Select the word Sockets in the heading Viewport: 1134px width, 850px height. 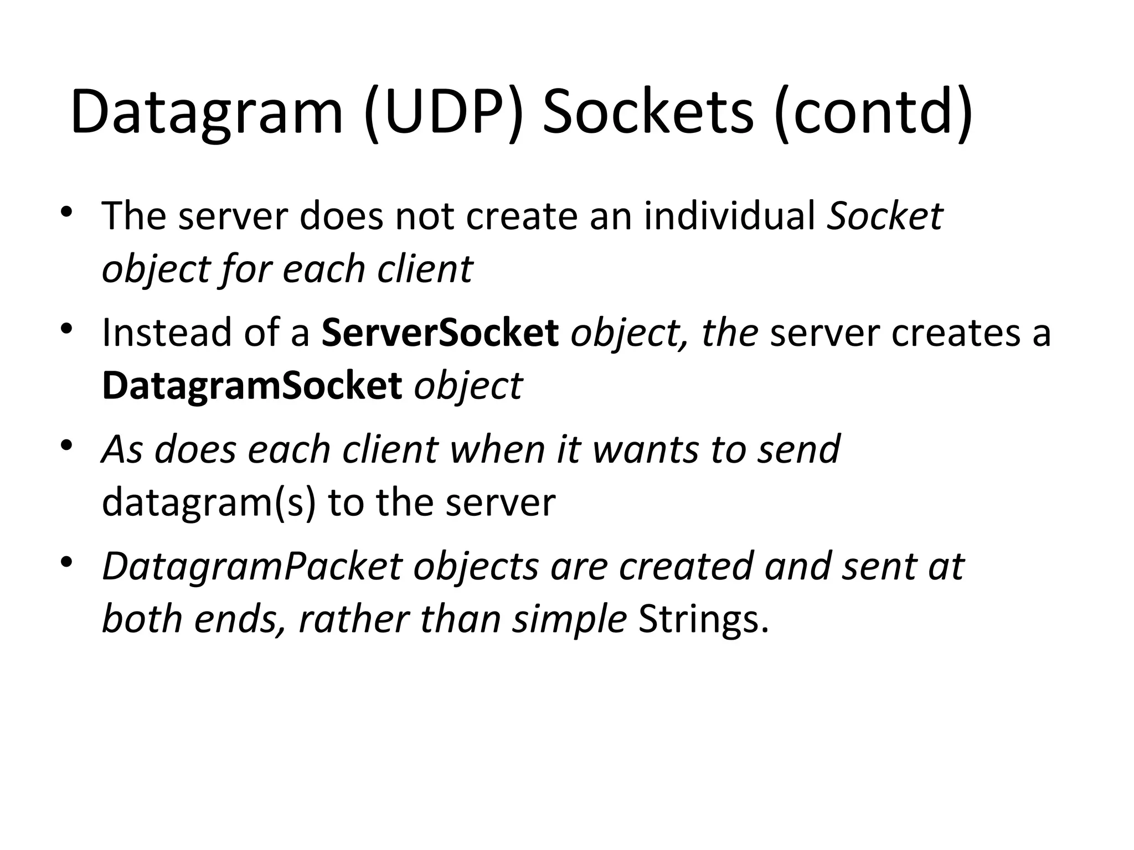(x=648, y=112)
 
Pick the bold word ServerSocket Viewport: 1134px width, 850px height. (x=440, y=333)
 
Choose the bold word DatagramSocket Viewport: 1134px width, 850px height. (x=252, y=386)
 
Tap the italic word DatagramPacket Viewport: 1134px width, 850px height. (x=252, y=566)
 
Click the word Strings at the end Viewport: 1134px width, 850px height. (x=703, y=619)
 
